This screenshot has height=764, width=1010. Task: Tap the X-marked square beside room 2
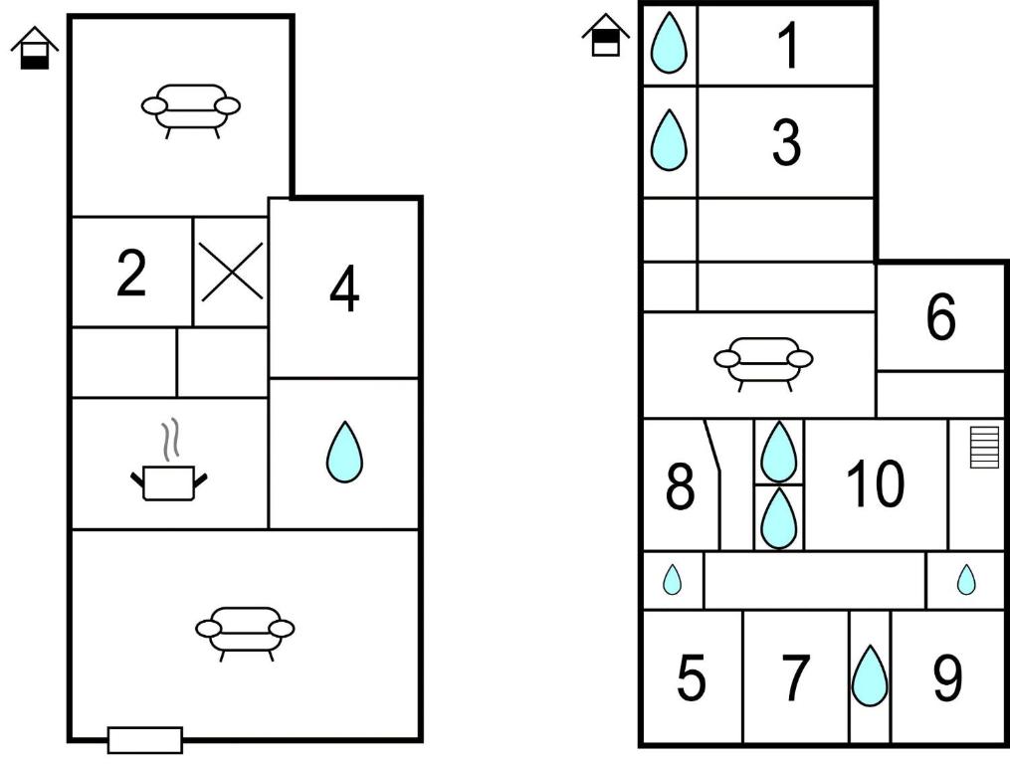231,272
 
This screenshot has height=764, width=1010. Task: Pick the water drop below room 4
344,452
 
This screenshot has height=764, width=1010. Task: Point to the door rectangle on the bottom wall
145,740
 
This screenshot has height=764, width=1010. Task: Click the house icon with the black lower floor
35,48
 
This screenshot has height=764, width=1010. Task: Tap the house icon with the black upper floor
605,36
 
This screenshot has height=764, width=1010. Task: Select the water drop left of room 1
670,43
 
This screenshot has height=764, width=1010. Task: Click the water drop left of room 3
670,140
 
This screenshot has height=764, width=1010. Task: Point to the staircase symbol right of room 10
984,447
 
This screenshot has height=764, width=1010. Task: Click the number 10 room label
876,483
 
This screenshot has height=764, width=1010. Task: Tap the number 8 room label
680,486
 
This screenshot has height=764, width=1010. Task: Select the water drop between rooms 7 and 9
870,675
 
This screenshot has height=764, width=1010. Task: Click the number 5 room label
692,677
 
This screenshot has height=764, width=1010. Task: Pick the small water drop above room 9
966,579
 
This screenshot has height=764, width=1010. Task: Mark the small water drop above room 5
672,579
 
